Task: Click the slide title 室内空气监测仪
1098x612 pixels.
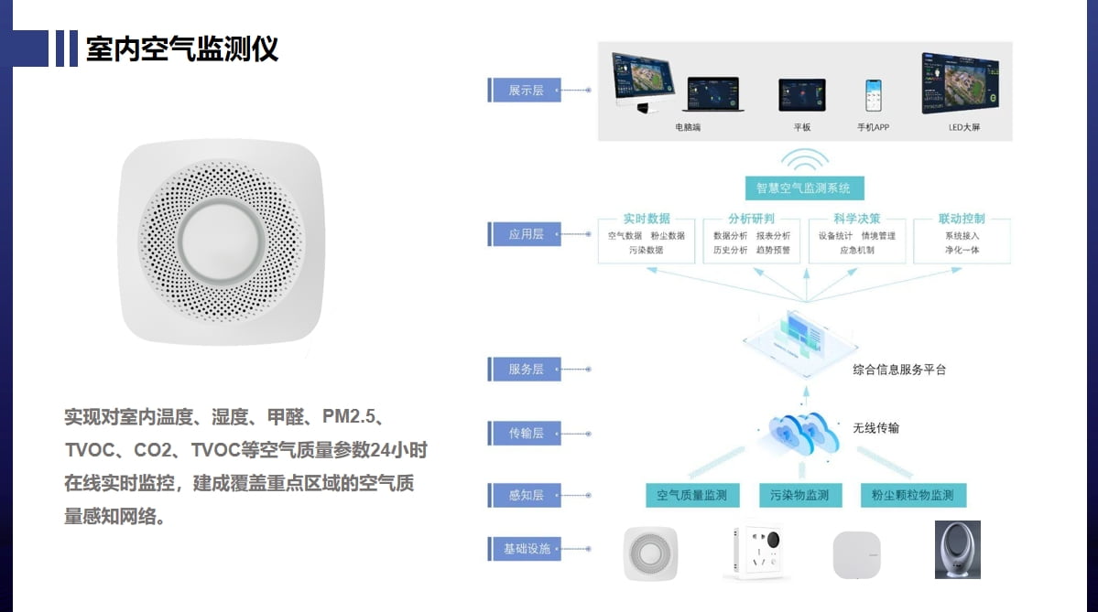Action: pyautogui.click(x=182, y=48)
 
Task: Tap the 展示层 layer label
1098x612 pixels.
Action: pyautogui.click(x=525, y=90)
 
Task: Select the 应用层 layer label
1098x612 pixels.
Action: pyautogui.click(x=525, y=234)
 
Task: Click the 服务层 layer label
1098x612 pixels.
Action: pyautogui.click(x=525, y=369)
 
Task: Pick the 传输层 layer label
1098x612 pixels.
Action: pyautogui.click(x=525, y=433)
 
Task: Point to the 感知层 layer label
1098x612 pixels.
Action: pyautogui.click(x=525, y=495)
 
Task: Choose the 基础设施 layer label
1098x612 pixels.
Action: pyautogui.click(x=525, y=549)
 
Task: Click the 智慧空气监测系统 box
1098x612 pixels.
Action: pyautogui.click(x=803, y=188)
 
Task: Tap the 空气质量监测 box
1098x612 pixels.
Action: pyautogui.click(x=691, y=495)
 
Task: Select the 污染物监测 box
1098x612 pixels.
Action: pyautogui.click(x=799, y=495)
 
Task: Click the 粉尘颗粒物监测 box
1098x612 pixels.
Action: pyautogui.click(x=912, y=495)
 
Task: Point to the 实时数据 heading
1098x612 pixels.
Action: pyautogui.click(x=646, y=219)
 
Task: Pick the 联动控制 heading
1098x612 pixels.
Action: pyautogui.click(x=962, y=219)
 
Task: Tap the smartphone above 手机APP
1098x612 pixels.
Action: pyautogui.click(x=874, y=94)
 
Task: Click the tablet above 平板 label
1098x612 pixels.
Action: pyautogui.click(x=801, y=94)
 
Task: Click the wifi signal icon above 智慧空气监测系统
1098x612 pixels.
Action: pyautogui.click(x=803, y=160)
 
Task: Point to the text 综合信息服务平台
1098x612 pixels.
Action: pyautogui.click(x=898, y=370)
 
